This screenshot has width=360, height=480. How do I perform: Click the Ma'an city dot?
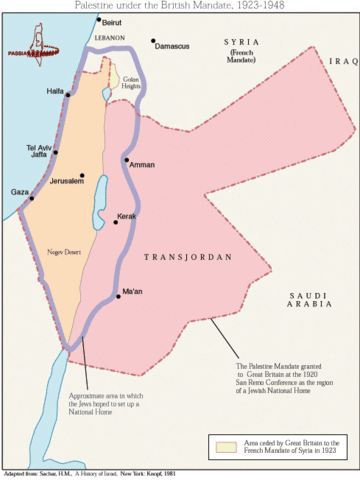pos(118,296)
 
